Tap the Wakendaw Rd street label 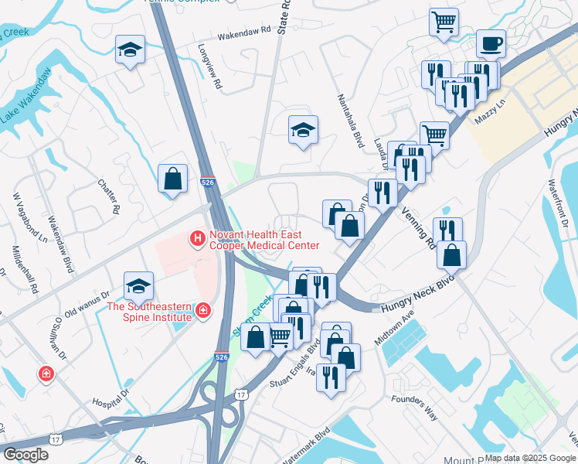245,31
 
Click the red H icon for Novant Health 198,239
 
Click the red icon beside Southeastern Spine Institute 202,311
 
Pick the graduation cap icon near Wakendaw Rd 129,51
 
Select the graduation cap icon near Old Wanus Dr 138,286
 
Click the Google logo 25,455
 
